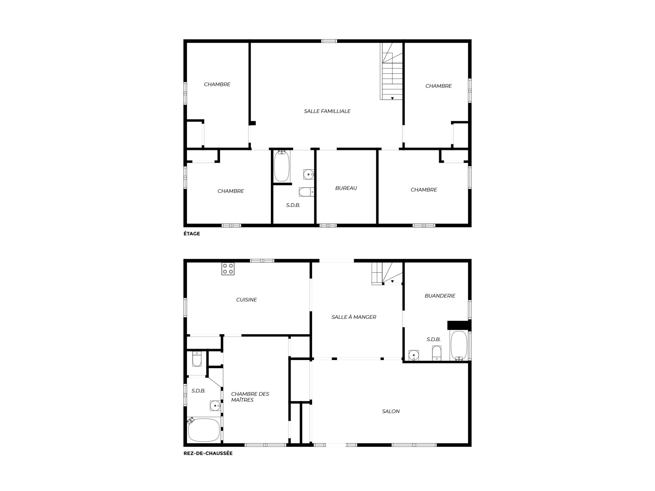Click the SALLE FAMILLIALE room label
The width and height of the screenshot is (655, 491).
[327, 111]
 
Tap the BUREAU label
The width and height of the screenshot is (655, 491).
[346, 188]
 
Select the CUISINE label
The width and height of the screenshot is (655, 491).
[246, 300]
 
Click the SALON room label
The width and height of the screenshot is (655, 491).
[391, 412]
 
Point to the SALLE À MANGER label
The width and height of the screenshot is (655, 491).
[354, 317]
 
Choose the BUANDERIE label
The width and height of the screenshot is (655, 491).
[440, 296]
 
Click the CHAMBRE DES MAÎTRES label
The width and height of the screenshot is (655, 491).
[250, 397]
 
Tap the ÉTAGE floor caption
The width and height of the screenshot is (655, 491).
[192, 234]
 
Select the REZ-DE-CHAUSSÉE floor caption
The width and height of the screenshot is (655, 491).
[208, 453]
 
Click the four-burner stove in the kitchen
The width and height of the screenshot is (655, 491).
[228, 269]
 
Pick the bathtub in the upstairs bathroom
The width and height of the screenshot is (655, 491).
[282, 166]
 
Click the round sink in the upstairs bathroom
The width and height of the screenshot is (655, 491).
[309, 175]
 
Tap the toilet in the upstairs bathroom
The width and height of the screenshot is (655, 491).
[306, 192]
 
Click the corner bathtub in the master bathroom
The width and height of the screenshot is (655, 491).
[204, 430]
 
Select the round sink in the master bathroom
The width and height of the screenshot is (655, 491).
[215, 406]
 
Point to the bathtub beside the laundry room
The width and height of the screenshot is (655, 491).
[459, 345]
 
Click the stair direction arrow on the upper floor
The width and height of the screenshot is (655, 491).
[392, 98]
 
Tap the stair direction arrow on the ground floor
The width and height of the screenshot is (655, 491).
[392, 281]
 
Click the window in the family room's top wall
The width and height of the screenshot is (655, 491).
[329, 41]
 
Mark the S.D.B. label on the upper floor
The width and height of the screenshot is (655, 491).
[293, 205]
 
